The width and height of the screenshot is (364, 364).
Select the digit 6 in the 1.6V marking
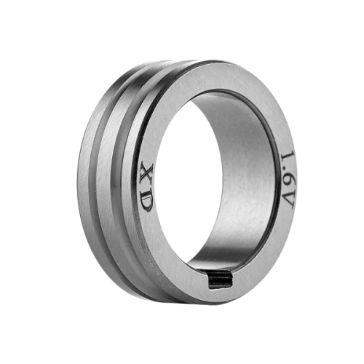click(x=288, y=176)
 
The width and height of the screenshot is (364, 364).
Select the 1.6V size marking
click(x=288, y=180)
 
